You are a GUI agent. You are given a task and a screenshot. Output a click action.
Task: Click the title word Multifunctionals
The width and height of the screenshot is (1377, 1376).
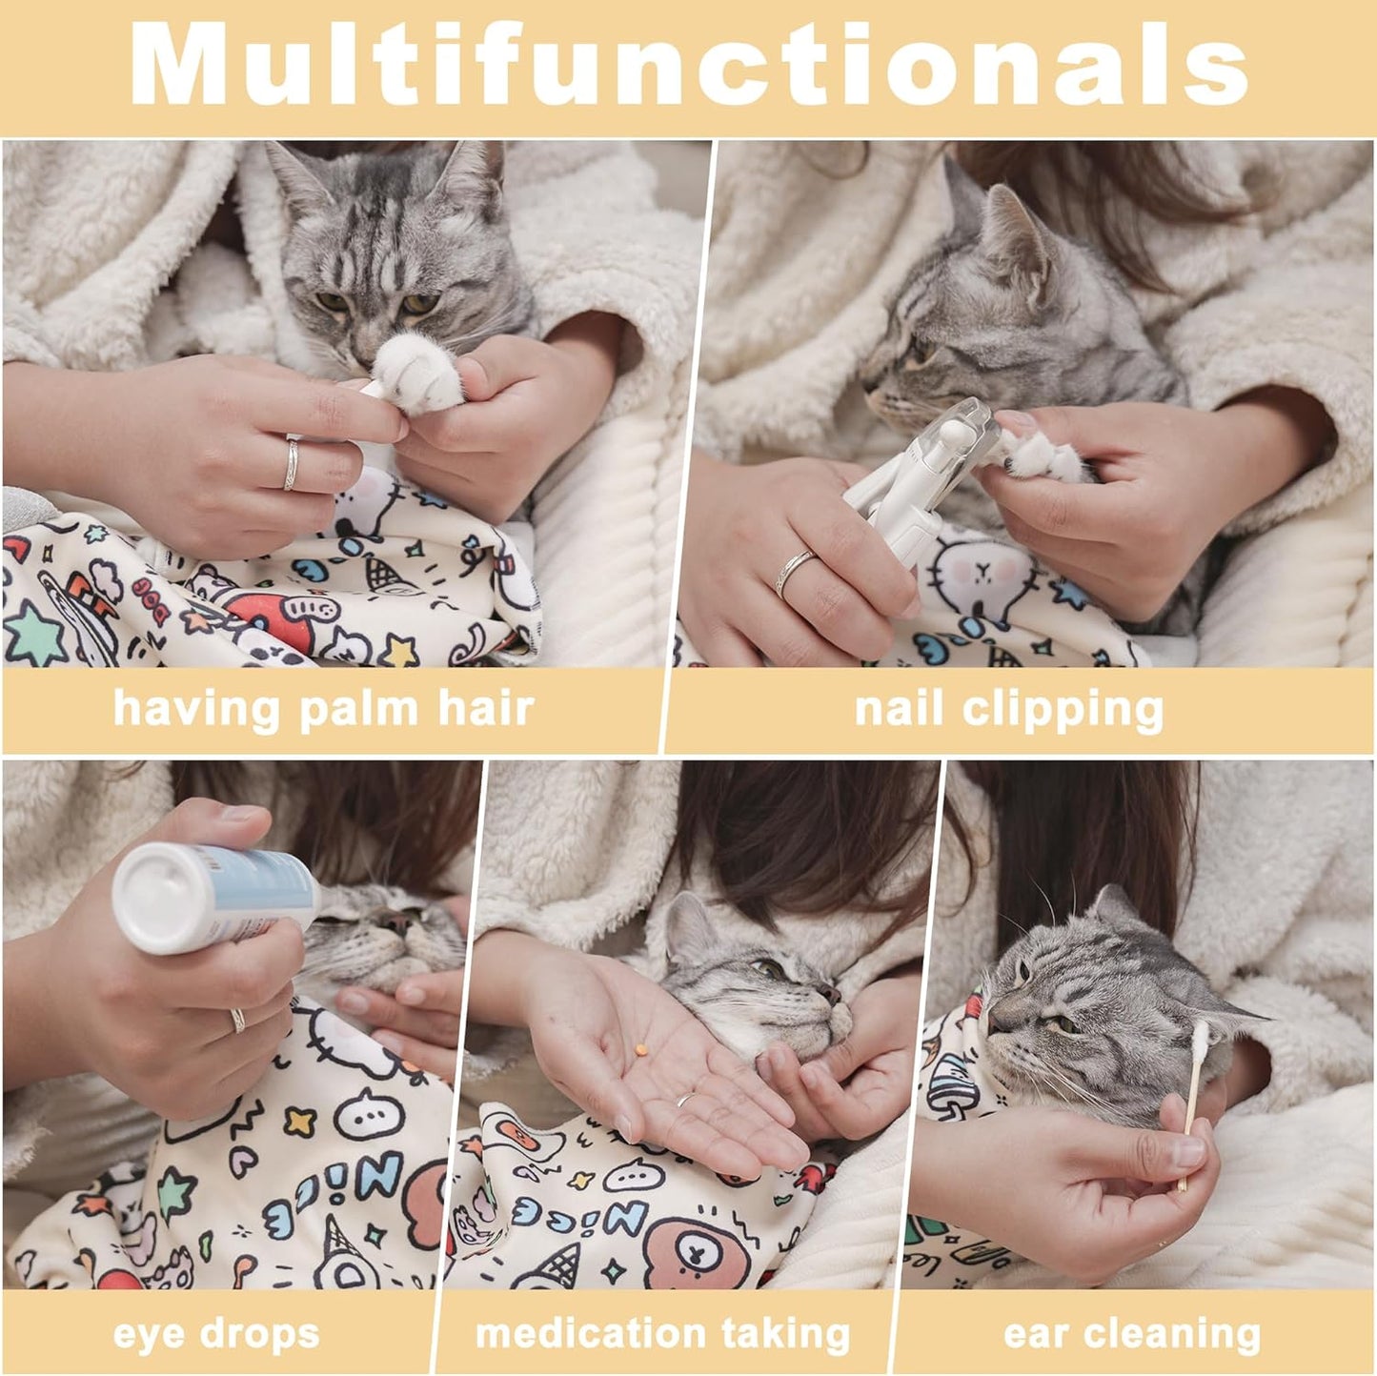click(x=688, y=65)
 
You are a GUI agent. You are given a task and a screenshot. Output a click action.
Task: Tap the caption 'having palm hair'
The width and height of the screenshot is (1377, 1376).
click(x=323, y=709)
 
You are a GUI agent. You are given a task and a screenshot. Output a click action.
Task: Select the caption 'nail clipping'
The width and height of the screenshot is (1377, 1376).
click(x=1008, y=709)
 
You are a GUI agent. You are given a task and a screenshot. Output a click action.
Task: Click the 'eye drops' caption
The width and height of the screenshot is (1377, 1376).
click(x=216, y=1334)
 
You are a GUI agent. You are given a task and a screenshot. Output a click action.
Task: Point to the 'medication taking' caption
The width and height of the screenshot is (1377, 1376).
click(x=662, y=1334)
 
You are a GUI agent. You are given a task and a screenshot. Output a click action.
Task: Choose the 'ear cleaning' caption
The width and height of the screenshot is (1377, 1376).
click(x=1132, y=1334)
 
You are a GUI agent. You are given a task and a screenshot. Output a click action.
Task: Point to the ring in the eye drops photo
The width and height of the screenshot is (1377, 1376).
click(x=237, y=1021)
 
